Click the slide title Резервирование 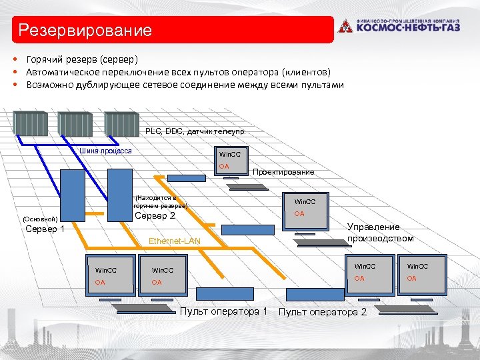tap(85, 31)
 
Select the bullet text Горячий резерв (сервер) tap(82, 59)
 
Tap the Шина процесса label tap(105, 151)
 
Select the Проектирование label tap(283, 172)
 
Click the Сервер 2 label tap(155, 216)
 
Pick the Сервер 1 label tap(45, 230)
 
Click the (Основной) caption tap(40, 219)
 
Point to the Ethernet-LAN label tap(175, 241)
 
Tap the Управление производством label tap(380, 233)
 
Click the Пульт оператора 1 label tap(223, 311)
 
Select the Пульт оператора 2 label tap(322, 312)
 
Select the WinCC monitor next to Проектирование tap(229, 161)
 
